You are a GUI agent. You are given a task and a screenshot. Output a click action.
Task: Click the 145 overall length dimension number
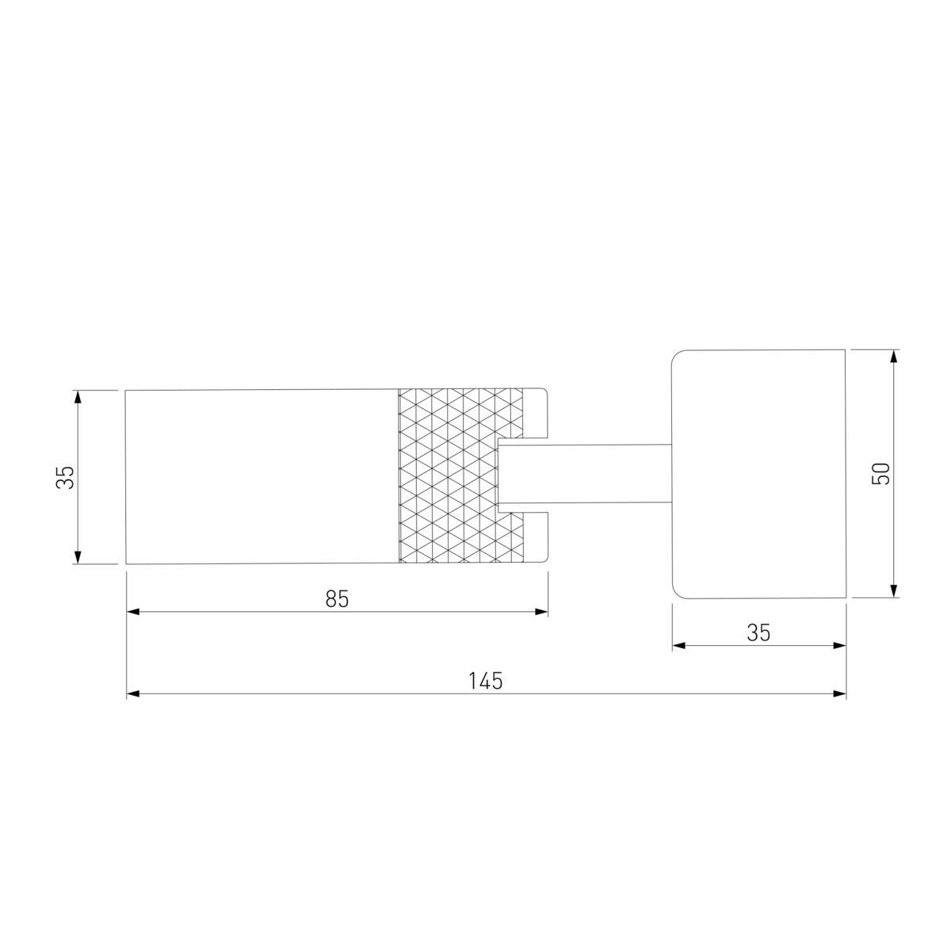(485, 681)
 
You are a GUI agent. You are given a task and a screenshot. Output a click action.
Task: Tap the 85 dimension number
(337, 598)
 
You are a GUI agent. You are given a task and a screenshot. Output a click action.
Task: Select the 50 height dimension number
(881, 474)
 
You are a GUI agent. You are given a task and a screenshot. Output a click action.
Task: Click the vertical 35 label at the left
(65, 477)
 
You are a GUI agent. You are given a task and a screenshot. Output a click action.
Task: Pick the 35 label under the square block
(758, 632)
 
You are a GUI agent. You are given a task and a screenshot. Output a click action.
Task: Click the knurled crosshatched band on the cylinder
(460, 476)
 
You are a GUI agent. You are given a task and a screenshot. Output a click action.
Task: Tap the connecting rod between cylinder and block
(585, 474)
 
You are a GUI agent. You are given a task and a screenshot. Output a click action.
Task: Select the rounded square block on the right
(758, 474)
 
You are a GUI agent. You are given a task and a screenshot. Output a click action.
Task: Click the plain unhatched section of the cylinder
(262, 476)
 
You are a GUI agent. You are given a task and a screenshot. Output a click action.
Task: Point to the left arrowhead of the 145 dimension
(133, 693)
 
